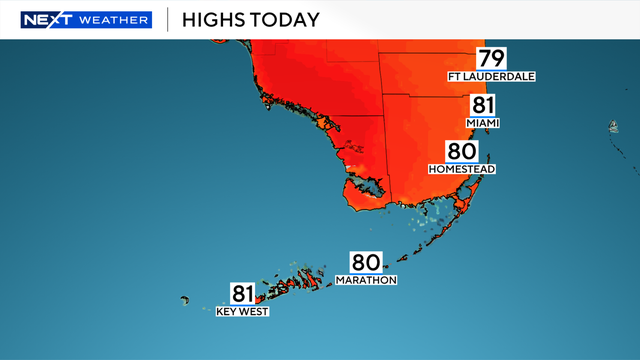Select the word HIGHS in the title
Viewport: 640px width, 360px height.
213,19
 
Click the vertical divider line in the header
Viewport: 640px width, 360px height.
166,19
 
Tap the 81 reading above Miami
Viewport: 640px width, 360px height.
482,106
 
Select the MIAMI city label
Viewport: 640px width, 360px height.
482,123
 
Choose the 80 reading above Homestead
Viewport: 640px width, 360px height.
461,152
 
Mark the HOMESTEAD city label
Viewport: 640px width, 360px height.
462,169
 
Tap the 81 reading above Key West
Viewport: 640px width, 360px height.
243,294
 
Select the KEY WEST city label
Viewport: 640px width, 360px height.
242,311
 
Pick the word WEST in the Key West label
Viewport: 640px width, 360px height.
255,311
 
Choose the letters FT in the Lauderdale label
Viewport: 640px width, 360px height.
454,77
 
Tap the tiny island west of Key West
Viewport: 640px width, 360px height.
185,299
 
